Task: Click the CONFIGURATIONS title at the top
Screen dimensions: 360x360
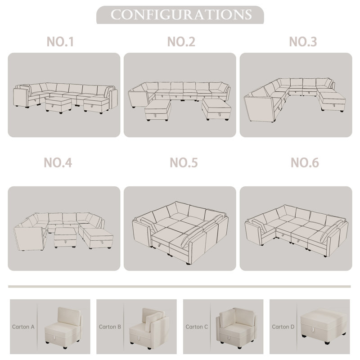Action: [x=181, y=15]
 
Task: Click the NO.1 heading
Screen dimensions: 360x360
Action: [x=60, y=42]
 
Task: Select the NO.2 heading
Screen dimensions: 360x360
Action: [x=181, y=42]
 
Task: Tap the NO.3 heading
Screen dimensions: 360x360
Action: [x=303, y=42]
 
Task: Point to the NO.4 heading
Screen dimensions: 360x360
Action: [x=58, y=163]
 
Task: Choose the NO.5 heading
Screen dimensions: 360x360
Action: [x=184, y=163]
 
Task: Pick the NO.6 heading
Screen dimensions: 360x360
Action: [x=305, y=163]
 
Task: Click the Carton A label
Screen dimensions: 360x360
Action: [x=23, y=327]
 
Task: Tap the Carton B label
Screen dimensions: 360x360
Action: [x=110, y=327]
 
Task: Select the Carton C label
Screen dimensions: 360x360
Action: [x=197, y=327]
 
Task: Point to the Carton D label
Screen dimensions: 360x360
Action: [x=283, y=327]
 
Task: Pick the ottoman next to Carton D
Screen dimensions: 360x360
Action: [x=323, y=324]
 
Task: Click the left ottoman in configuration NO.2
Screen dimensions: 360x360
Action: [x=158, y=110]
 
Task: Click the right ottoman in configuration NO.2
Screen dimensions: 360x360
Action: [x=216, y=109]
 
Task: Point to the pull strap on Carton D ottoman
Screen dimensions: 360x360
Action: [x=312, y=329]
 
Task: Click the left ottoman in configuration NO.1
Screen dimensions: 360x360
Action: [x=58, y=105]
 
